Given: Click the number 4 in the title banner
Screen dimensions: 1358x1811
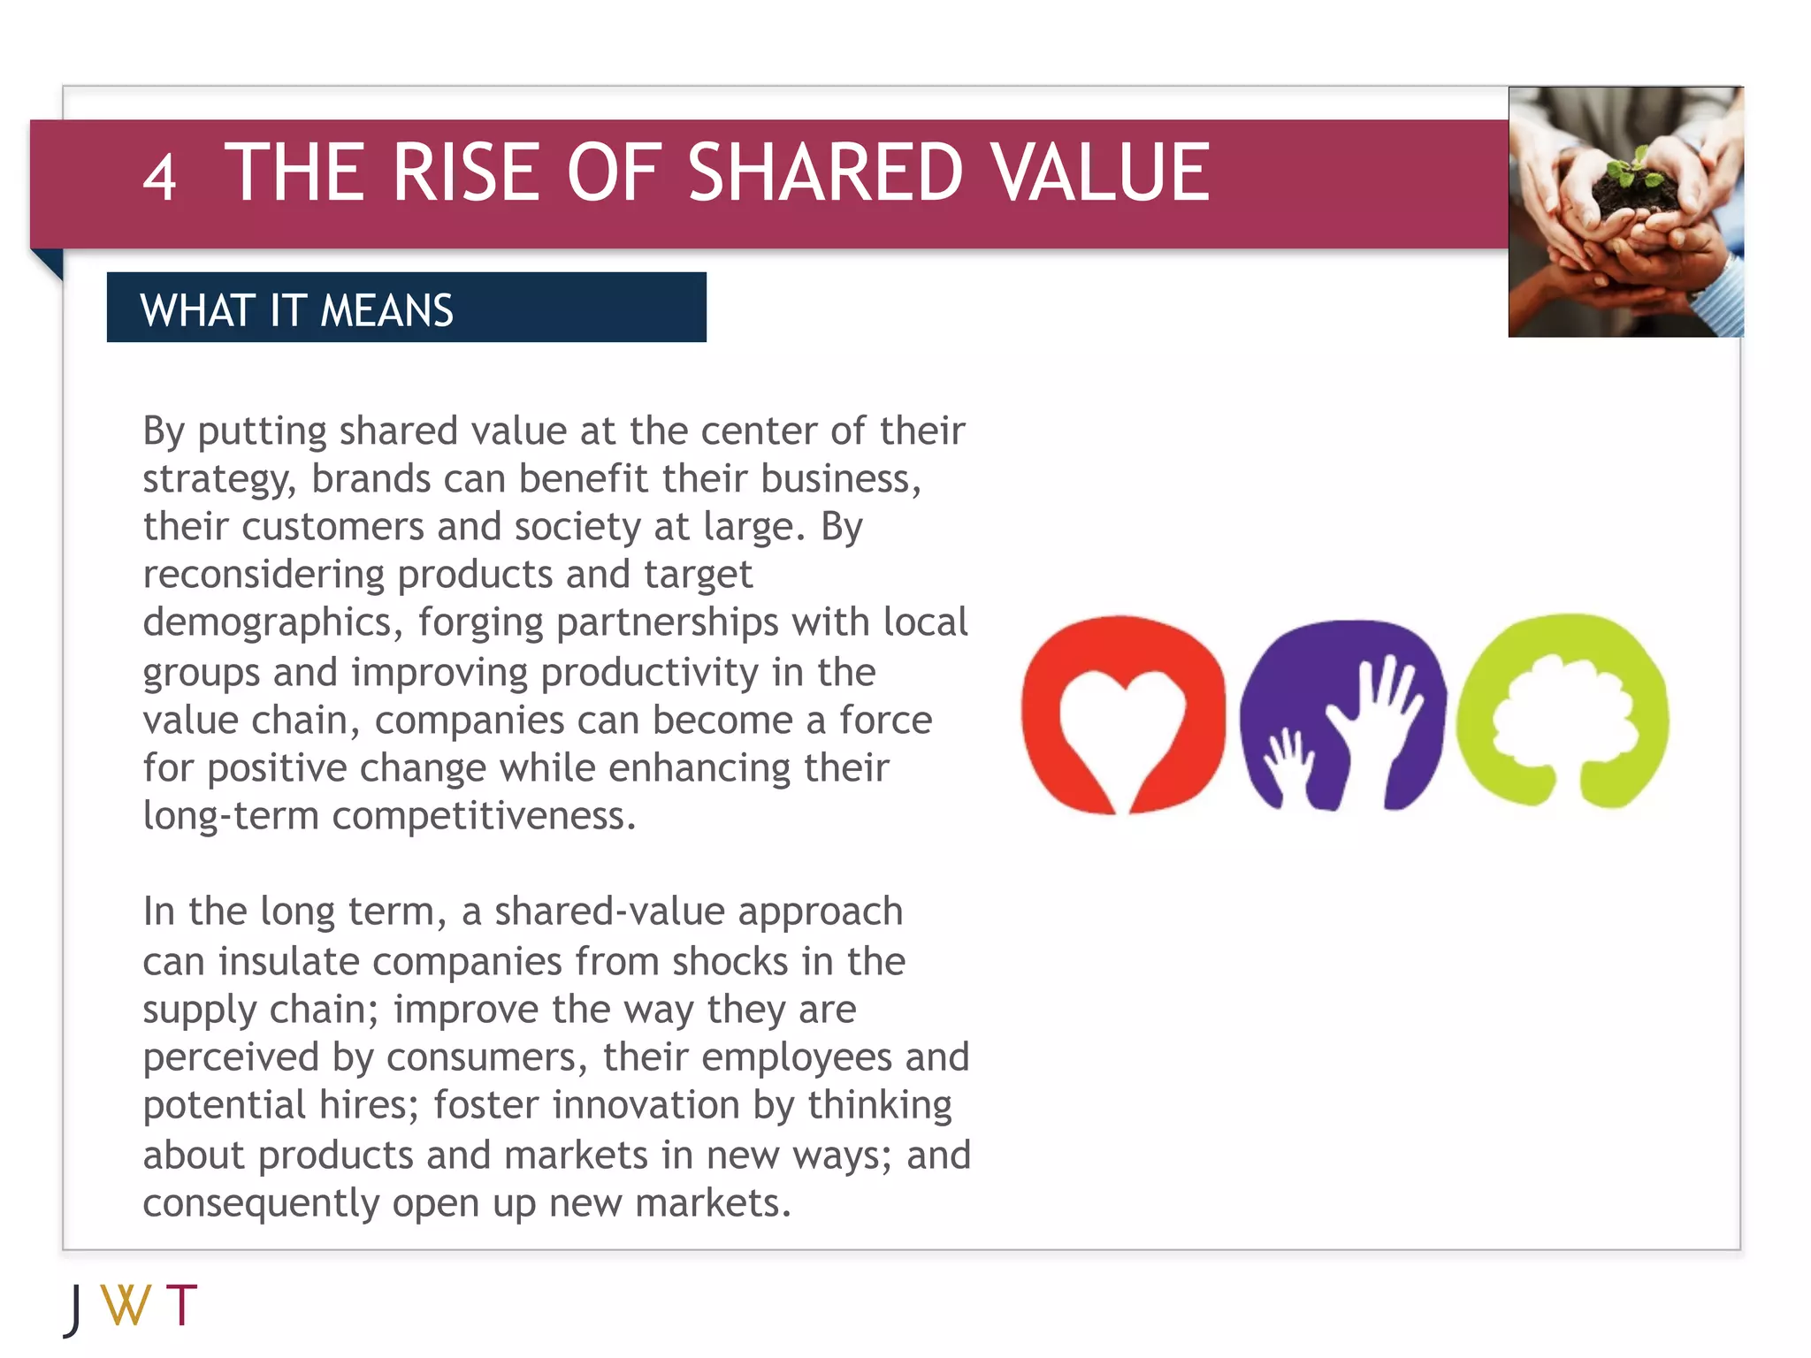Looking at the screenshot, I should point(160,177).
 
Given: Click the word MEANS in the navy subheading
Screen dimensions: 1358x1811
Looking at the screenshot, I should point(386,311).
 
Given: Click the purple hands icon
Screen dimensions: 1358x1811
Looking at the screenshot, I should point(1341,714).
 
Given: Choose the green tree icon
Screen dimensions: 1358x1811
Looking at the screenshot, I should point(1563,711).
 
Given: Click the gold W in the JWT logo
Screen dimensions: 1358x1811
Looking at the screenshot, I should point(126,1305).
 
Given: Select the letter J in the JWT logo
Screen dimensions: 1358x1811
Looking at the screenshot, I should point(74,1309).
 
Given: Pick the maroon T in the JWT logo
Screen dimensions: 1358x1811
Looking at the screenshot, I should point(181,1305).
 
